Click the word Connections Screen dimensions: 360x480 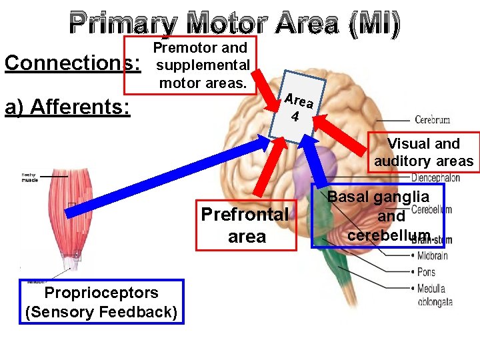click(73, 63)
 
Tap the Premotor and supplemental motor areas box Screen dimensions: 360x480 click(199, 65)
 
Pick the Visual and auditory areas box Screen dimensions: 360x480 click(423, 153)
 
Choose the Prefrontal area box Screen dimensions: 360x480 click(246, 225)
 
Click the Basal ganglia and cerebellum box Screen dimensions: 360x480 click(379, 216)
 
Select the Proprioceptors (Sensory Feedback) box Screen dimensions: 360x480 click(101, 302)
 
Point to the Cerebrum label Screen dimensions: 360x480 click(432, 121)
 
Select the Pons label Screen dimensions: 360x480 click(427, 272)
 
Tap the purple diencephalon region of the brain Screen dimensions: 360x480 click(322, 164)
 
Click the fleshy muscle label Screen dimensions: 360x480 click(30, 177)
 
